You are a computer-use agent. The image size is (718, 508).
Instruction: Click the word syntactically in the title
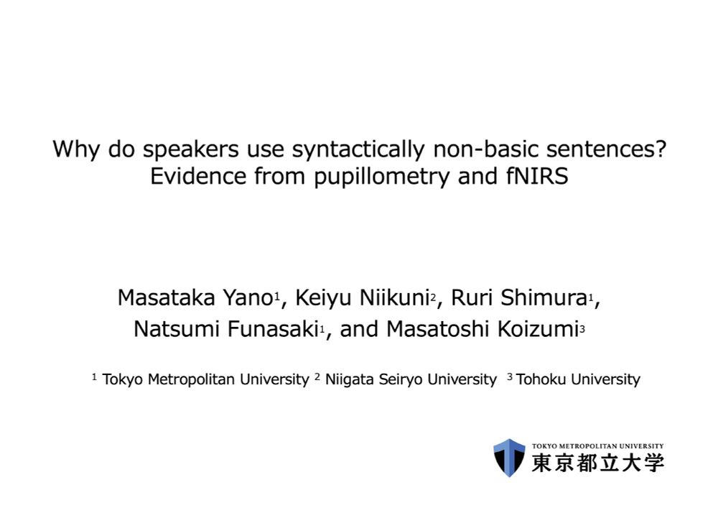point(358,149)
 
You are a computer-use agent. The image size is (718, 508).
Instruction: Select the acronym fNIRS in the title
point(537,176)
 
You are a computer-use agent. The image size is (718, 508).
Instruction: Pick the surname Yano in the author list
point(248,297)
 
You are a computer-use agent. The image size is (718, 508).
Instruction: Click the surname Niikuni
point(394,297)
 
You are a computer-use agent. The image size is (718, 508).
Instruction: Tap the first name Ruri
point(472,297)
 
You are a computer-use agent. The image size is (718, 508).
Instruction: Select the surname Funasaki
point(273,329)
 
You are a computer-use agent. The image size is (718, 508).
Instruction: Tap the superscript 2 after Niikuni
point(433,298)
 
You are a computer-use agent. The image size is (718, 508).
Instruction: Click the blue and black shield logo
point(509,458)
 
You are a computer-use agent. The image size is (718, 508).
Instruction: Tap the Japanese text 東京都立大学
point(597,463)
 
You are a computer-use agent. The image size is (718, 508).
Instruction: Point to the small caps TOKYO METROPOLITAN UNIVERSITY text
point(597,445)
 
